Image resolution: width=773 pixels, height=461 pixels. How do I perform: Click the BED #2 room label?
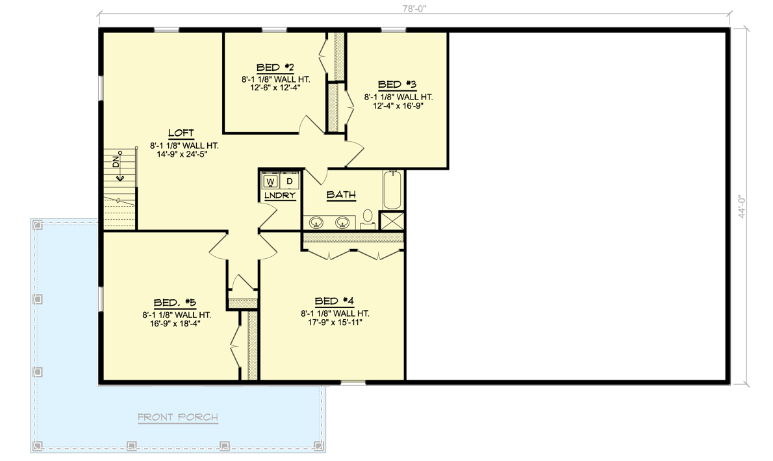click(x=275, y=67)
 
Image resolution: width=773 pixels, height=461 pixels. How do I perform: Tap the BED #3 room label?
click(x=397, y=85)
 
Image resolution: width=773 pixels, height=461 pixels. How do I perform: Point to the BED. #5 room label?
click(x=175, y=302)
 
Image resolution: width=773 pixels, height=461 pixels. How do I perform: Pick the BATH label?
click(x=340, y=194)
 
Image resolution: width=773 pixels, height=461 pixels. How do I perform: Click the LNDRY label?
click(x=279, y=195)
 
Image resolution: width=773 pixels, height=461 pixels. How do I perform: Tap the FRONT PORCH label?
click(x=177, y=417)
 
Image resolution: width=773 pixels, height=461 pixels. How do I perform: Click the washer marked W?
click(x=270, y=180)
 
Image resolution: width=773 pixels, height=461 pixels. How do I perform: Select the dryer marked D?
click(x=289, y=180)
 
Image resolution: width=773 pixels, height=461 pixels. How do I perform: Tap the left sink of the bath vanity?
click(x=317, y=222)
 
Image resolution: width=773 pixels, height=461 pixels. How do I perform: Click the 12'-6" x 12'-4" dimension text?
click(x=275, y=88)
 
